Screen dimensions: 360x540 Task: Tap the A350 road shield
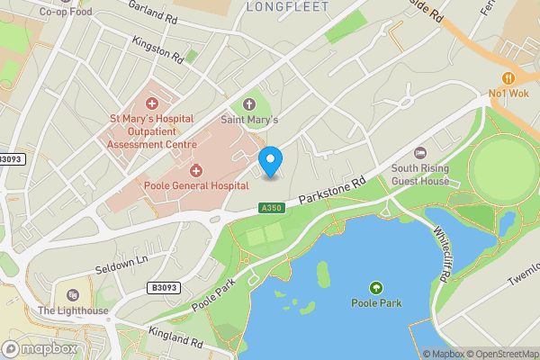coord(271,208)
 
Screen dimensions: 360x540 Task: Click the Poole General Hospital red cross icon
coord(196,170)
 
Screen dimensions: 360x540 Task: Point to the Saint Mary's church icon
coord(249,103)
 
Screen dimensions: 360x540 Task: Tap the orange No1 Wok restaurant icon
coord(508,77)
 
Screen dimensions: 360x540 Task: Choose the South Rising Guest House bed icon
coord(419,153)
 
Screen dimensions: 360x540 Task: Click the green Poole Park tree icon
coord(375,288)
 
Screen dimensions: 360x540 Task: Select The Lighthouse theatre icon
coord(72,295)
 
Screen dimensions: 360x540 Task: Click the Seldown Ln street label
coord(121,265)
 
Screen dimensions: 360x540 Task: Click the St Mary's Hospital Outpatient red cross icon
coord(152,103)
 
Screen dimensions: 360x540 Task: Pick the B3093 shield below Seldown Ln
coord(159,288)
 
